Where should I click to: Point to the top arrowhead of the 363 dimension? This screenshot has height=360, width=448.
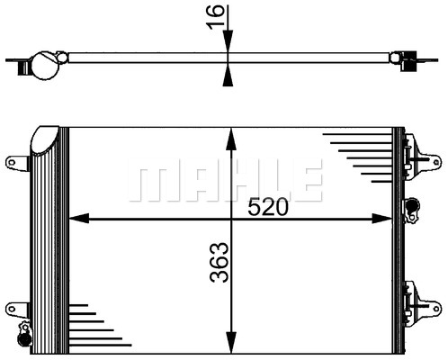232,136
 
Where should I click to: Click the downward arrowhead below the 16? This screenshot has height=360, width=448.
230,44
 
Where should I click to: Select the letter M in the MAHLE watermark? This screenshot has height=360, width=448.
148,181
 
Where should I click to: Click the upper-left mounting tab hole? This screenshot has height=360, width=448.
13,162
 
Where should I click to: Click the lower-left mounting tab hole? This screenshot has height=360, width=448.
13,306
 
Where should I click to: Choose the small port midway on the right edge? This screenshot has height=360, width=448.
413,208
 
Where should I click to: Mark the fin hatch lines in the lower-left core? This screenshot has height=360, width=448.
90,324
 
